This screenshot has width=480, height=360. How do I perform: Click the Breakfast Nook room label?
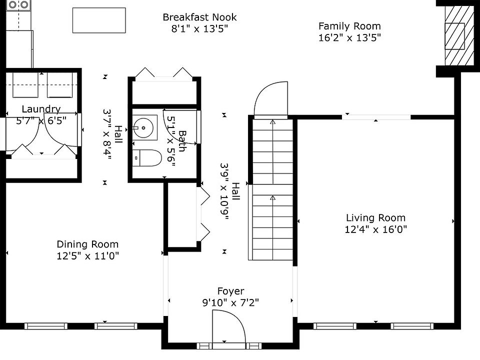tap(199, 17)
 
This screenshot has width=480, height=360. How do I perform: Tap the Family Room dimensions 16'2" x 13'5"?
tap(349, 37)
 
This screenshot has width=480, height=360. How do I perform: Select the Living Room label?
tap(375, 217)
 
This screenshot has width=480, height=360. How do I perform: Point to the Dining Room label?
tap(87, 244)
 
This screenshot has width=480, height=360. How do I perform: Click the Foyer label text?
tap(231, 291)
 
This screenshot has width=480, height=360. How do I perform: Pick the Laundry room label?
tap(41, 109)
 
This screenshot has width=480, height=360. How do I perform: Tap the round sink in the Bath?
tap(143, 127)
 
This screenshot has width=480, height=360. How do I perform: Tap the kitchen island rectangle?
tap(99, 20)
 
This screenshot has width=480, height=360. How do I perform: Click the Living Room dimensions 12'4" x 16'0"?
tap(375, 229)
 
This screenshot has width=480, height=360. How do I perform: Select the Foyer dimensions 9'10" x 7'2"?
tap(230, 302)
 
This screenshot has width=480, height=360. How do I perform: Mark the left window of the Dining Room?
tap(46, 326)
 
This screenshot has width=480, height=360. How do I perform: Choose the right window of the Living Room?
tap(412, 326)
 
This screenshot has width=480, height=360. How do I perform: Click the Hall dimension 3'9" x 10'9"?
tap(225, 191)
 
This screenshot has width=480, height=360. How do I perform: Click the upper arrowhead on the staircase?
tap(273, 122)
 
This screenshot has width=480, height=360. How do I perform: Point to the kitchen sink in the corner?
tap(18, 5)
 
